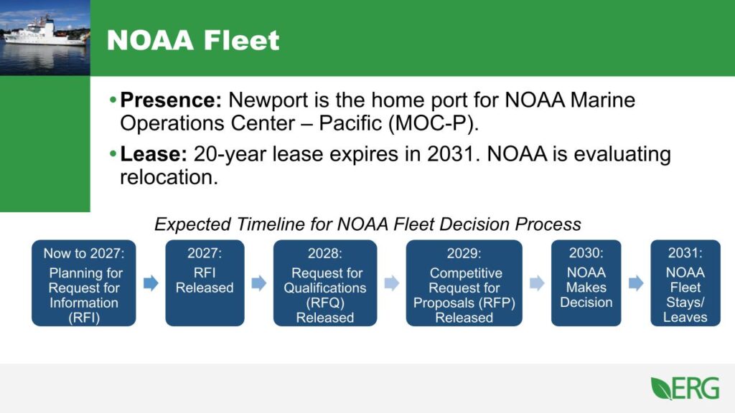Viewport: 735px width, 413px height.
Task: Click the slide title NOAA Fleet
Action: point(193,39)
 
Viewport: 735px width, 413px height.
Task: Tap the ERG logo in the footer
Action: point(685,388)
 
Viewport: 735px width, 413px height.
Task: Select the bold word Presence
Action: point(169,100)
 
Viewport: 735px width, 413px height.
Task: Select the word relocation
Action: point(168,177)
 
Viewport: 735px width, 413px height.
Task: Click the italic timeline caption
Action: point(367,224)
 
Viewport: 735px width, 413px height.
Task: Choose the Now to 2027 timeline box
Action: point(83,283)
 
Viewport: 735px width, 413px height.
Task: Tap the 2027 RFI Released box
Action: point(205,283)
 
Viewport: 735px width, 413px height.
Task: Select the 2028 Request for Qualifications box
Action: point(325,283)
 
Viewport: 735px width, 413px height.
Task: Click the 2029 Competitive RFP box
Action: point(464,283)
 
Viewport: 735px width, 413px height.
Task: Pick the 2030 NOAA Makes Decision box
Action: point(586,283)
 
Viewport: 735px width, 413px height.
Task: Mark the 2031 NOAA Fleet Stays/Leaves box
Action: point(685,283)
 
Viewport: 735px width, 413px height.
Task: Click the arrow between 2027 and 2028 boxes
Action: point(259,283)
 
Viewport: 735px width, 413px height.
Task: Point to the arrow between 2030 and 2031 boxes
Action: point(636,283)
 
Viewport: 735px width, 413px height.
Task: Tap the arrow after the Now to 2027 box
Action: point(151,283)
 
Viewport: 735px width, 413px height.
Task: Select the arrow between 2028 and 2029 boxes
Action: point(391,283)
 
